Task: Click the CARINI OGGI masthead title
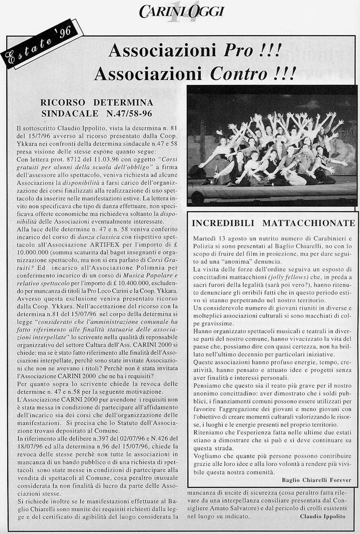click(x=181, y=10)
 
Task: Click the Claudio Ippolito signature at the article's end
click(x=323, y=516)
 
